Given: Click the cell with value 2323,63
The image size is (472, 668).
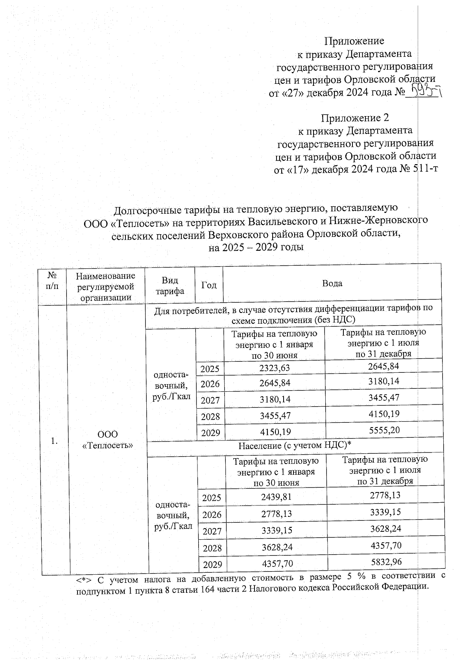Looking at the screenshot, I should tap(275, 368).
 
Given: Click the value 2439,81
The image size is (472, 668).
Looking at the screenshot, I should tap(276, 497).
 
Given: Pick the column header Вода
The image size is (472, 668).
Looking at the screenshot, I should tap(332, 283).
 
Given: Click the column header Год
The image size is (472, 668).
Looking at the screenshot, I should tap(209, 285).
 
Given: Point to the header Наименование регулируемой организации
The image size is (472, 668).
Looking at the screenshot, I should tap(105, 287).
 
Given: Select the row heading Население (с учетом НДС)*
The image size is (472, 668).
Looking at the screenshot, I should tap(295, 445).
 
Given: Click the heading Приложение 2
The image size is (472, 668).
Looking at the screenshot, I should tap(355, 118).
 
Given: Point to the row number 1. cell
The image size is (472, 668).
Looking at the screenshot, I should tap(54, 441).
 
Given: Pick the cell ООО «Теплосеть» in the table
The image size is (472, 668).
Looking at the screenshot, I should tap(107, 440).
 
